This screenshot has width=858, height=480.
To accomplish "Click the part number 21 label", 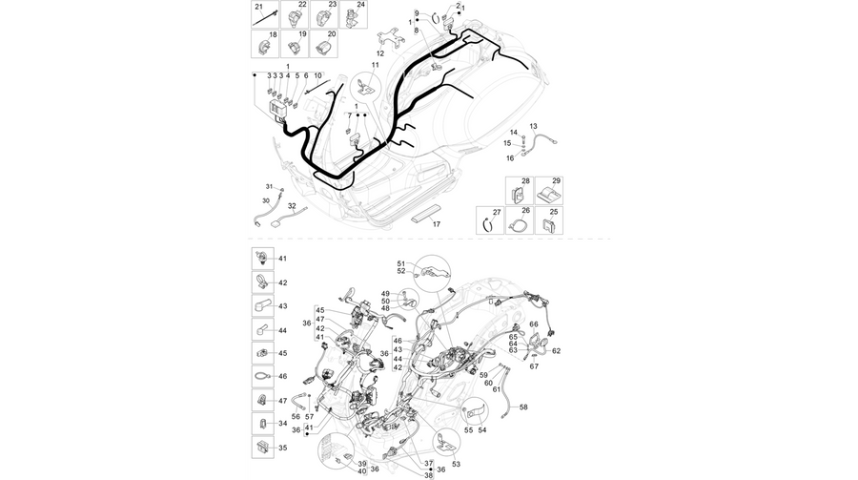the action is (259, 7).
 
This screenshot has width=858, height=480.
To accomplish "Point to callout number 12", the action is (379, 53).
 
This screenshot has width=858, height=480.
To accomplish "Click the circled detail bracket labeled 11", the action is (366, 87).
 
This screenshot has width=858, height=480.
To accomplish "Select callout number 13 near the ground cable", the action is (534, 127).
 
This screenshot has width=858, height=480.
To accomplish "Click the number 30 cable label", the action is (266, 201).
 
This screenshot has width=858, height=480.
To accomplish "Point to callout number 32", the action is (293, 206).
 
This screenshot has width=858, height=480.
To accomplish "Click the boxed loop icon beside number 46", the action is (263, 376).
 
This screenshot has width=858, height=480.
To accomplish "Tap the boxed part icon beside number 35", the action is (263, 448).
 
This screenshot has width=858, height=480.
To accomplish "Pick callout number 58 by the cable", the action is (523, 407).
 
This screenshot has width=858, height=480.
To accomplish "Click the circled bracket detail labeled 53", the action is (446, 443).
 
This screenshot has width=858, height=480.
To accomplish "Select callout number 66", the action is (534, 324).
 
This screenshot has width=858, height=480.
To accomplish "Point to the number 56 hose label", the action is (296, 417).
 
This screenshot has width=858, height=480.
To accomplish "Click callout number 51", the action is (401, 263).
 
